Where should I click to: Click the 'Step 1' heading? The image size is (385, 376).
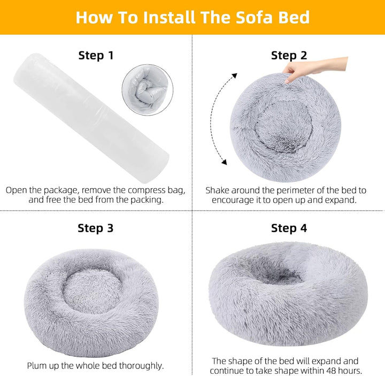[x=96, y=55]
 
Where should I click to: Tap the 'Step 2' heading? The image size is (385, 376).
[x=289, y=55]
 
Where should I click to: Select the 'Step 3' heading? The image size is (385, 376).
[x=96, y=228]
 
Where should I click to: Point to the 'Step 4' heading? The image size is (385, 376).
[x=289, y=228]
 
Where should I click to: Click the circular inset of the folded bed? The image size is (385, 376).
[x=145, y=89]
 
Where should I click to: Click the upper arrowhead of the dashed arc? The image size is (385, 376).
[x=235, y=77]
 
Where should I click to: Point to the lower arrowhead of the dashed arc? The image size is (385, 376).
[x=224, y=162]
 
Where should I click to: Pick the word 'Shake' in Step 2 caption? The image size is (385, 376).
[x=219, y=190]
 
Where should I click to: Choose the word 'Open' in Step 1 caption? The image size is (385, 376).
[x=17, y=190]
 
